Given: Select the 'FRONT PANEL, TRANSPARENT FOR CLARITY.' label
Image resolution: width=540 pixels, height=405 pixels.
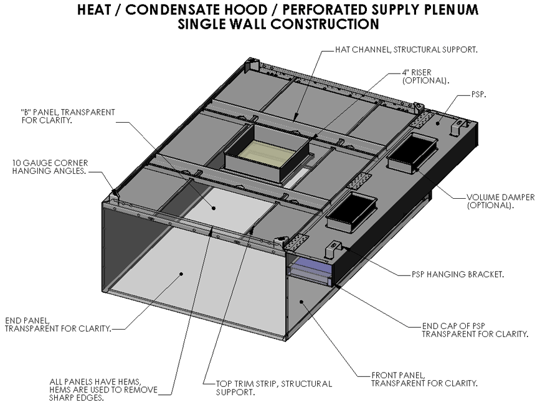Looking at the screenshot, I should (x=424, y=379).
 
